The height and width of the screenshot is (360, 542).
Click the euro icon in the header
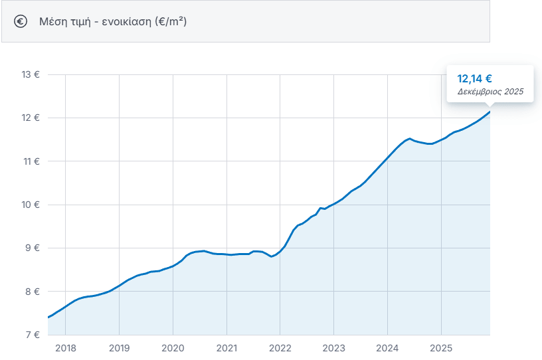coord(21,21)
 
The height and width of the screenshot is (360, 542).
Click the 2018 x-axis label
coord(65,347)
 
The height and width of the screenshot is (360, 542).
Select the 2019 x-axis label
coord(119,347)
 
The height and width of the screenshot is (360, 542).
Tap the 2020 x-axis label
coord(173,347)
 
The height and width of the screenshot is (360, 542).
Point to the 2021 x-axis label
coord(226,347)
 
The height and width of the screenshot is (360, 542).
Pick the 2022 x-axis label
coord(280,347)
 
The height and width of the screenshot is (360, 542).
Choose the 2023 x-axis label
coord(333,347)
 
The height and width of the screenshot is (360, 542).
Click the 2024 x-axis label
coord(387,347)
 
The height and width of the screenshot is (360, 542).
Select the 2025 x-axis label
coord(441,347)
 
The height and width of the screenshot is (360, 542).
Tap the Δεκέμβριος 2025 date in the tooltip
coord(490,92)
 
